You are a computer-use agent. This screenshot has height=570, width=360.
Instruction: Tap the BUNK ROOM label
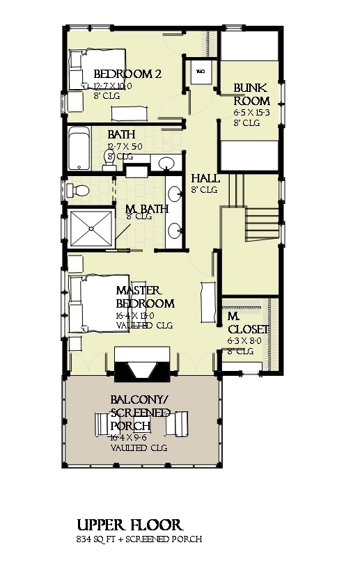pyautogui.click(x=247, y=94)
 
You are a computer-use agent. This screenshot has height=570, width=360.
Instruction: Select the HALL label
pyautogui.click(x=205, y=178)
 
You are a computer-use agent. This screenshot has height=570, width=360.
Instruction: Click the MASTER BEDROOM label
pyautogui.click(x=145, y=297)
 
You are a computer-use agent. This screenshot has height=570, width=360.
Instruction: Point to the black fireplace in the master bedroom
pyautogui.click(x=143, y=367)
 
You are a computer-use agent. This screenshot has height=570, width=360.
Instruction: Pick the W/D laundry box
pyautogui.click(x=201, y=72)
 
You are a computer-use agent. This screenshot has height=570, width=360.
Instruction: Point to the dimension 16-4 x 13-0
pyautogui.click(x=136, y=315)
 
